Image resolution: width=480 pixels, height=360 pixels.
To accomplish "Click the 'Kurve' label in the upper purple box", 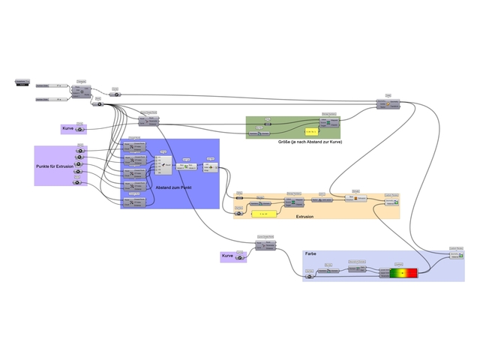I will point(67,129).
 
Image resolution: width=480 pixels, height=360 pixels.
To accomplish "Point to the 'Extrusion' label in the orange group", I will point(305,216).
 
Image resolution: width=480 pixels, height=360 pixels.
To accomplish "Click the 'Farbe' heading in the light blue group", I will point(311,254).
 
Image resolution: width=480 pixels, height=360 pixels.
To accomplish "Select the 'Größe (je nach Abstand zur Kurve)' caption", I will point(310,142).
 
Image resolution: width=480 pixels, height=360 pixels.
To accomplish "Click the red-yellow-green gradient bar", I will point(404,272).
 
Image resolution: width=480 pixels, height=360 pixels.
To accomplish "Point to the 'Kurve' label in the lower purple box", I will point(227,256).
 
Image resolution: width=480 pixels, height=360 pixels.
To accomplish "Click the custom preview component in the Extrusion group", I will point(391,201).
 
